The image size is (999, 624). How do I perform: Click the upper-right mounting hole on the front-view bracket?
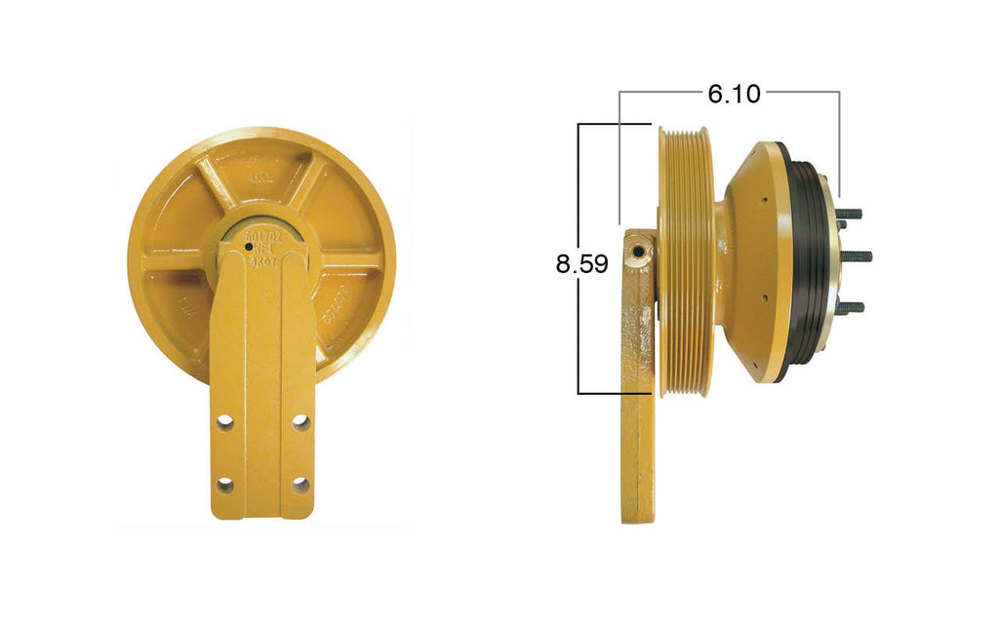click(x=300, y=423)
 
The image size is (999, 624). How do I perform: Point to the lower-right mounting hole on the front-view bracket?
click(x=300, y=485)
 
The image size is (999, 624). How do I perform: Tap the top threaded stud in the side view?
click(x=851, y=214)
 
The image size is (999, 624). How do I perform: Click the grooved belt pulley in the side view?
click(x=689, y=261)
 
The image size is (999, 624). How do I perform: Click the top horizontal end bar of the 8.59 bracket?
click(x=615, y=124)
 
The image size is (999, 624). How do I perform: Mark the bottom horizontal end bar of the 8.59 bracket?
click(x=615, y=393)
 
